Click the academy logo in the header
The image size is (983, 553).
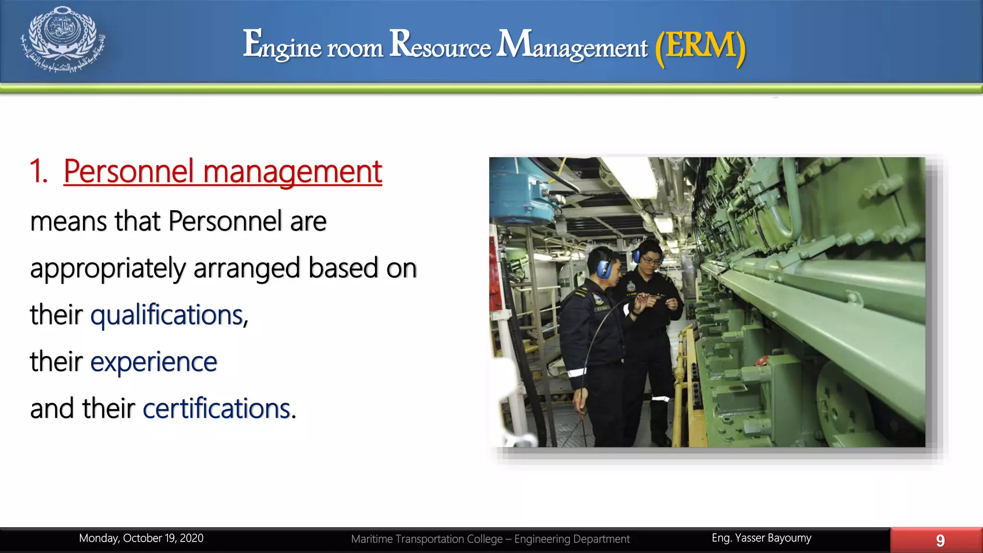63,39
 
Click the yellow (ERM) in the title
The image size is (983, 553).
700,46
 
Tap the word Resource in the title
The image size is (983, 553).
440,45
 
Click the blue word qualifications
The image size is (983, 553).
168,315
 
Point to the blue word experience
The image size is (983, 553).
154,361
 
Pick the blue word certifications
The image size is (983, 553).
217,409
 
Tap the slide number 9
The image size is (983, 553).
940,541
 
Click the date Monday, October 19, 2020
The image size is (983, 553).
141,538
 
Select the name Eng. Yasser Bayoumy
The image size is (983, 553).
761,538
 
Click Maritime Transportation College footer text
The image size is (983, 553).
490,539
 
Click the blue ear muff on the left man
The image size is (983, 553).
603,269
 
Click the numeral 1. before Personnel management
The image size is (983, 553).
38,171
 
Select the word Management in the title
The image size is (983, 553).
572,45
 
